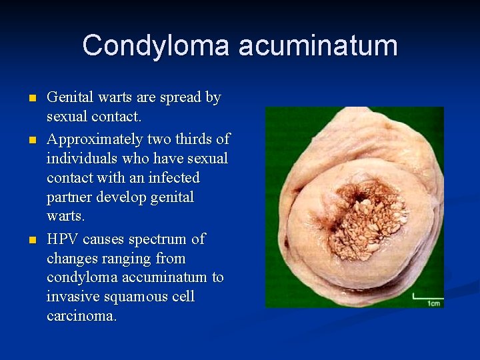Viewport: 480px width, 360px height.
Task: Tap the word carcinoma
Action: tap(81, 316)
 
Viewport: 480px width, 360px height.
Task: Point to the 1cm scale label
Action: tap(433, 303)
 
